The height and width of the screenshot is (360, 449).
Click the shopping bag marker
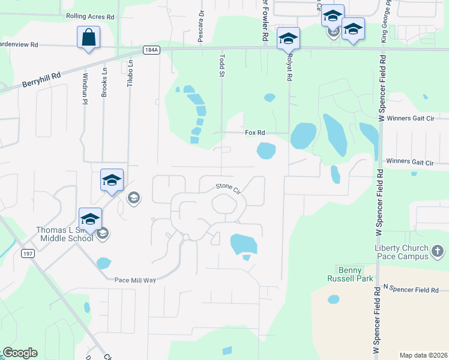click(88, 38)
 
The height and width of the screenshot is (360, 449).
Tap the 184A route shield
click(151, 50)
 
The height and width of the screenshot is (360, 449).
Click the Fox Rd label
click(255, 133)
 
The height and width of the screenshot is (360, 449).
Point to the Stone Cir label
click(228, 189)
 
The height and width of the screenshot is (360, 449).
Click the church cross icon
click(438, 252)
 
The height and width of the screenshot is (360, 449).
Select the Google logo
click(20, 353)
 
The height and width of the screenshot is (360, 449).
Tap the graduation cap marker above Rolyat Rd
click(288, 39)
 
